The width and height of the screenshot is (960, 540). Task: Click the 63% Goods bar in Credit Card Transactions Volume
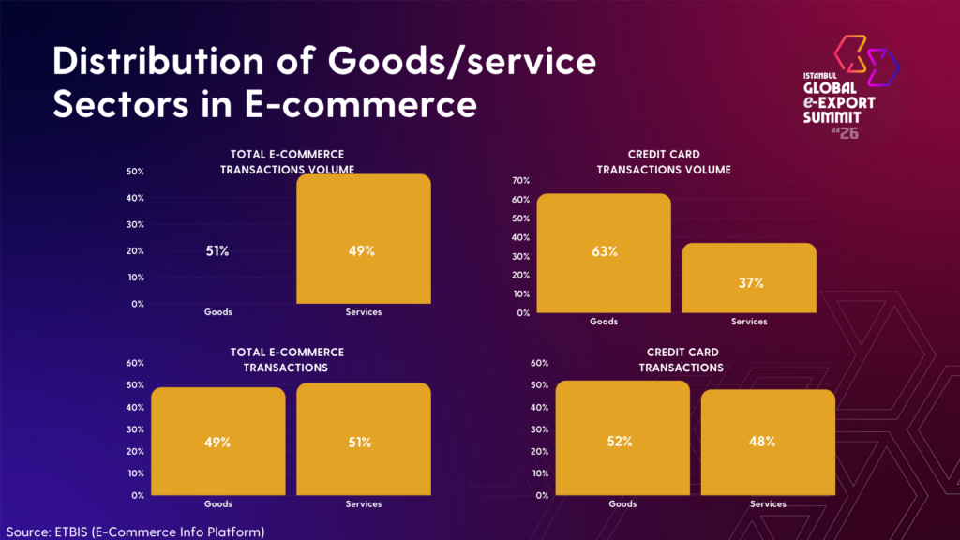(604, 253)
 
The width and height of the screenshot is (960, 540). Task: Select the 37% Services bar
(749, 277)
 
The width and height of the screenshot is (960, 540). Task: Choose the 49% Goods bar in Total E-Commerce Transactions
(217, 441)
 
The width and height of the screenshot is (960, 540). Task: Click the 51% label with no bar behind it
(217, 251)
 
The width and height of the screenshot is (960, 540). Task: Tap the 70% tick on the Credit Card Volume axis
(520, 180)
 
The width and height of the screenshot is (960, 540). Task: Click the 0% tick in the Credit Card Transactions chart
(541, 495)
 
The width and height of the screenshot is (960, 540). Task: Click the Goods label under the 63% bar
(604, 322)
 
